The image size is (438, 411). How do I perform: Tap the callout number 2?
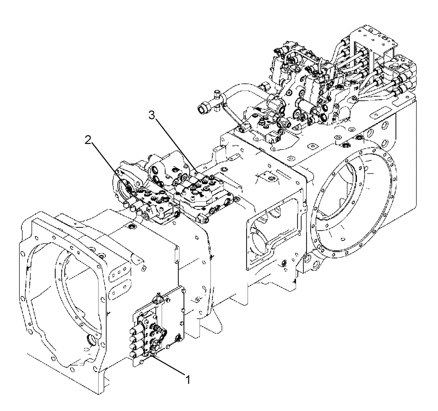click(88, 140)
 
